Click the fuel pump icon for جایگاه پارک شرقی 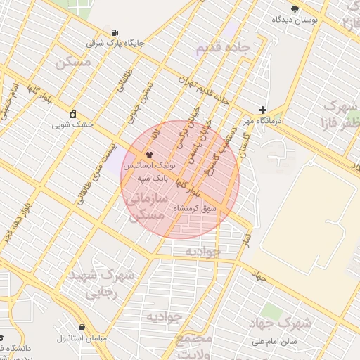115,32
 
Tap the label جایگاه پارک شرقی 115,44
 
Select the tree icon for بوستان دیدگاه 295,9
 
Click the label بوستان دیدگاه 295,20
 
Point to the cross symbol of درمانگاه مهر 263,110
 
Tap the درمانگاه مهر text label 263,121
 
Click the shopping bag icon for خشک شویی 72,114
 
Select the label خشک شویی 72,125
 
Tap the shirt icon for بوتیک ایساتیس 148,155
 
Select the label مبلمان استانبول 83,339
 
